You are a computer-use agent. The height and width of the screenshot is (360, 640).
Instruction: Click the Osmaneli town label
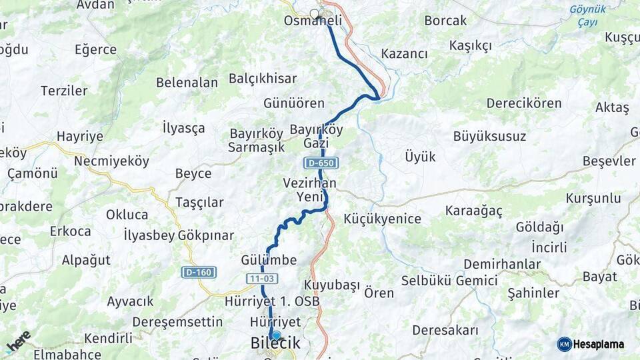click(313, 21)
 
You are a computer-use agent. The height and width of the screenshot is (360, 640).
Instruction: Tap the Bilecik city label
click(275, 343)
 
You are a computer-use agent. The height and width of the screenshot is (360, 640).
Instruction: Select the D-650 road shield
click(321, 163)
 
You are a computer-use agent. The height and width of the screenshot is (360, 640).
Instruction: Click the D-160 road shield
click(199, 272)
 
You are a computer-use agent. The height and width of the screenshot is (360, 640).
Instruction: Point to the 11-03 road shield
click(262, 278)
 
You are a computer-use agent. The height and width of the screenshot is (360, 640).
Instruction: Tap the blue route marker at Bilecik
click(277, 335)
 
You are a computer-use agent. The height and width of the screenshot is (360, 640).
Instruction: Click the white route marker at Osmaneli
click(314, 13)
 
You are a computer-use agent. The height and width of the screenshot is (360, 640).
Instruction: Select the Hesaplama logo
click(591, 344)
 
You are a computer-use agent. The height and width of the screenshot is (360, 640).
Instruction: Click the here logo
click(18, 342)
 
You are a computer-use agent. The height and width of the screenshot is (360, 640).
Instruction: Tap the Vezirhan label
click(309, 182)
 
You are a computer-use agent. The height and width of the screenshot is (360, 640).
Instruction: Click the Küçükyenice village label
click(382, 219)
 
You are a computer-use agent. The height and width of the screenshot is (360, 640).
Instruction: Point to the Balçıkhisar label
click(263, 79)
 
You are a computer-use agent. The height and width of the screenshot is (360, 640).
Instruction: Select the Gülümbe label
click(269, 260)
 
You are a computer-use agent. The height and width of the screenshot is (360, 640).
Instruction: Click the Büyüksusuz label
click(489, 137)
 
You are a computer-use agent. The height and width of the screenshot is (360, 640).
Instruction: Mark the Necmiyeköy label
click(112, 161)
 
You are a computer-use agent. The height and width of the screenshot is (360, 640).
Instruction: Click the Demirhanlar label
click(502, 264)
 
